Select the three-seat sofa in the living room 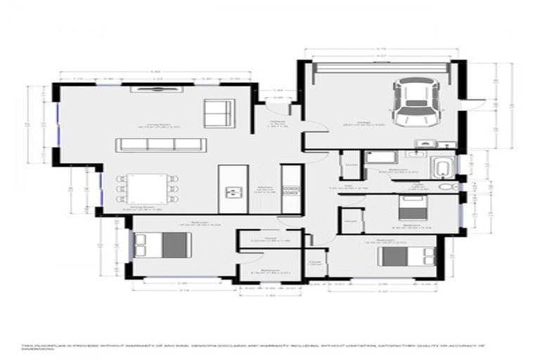[x=162, y=145]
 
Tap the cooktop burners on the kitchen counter [x=291, y=188]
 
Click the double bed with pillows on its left [x=162, y=244]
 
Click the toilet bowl [x=444, y=188]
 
